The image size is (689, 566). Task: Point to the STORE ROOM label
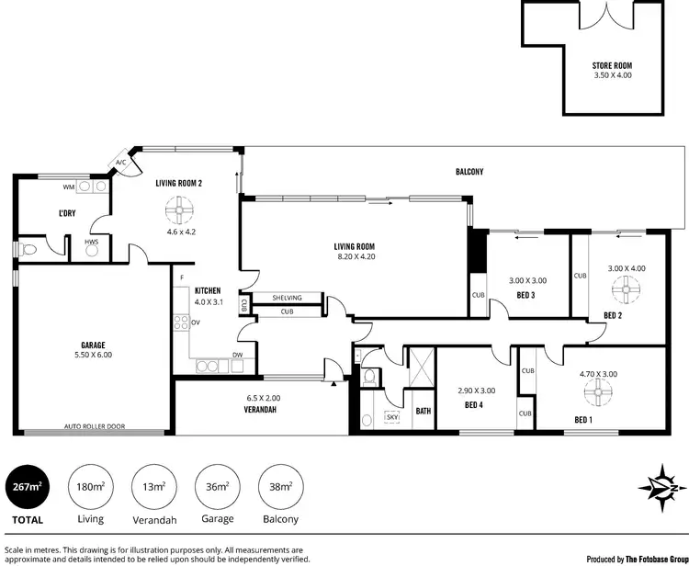(613, 65)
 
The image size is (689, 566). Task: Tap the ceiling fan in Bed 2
(629, 291)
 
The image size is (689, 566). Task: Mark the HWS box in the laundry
(92, 243)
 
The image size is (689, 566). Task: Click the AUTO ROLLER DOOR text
(96, 427)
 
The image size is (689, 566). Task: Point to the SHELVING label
(288, 298)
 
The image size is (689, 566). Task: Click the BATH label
(424, 411)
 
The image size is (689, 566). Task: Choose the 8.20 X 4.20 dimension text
(355, 256)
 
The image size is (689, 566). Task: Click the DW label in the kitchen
(237, 355)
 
